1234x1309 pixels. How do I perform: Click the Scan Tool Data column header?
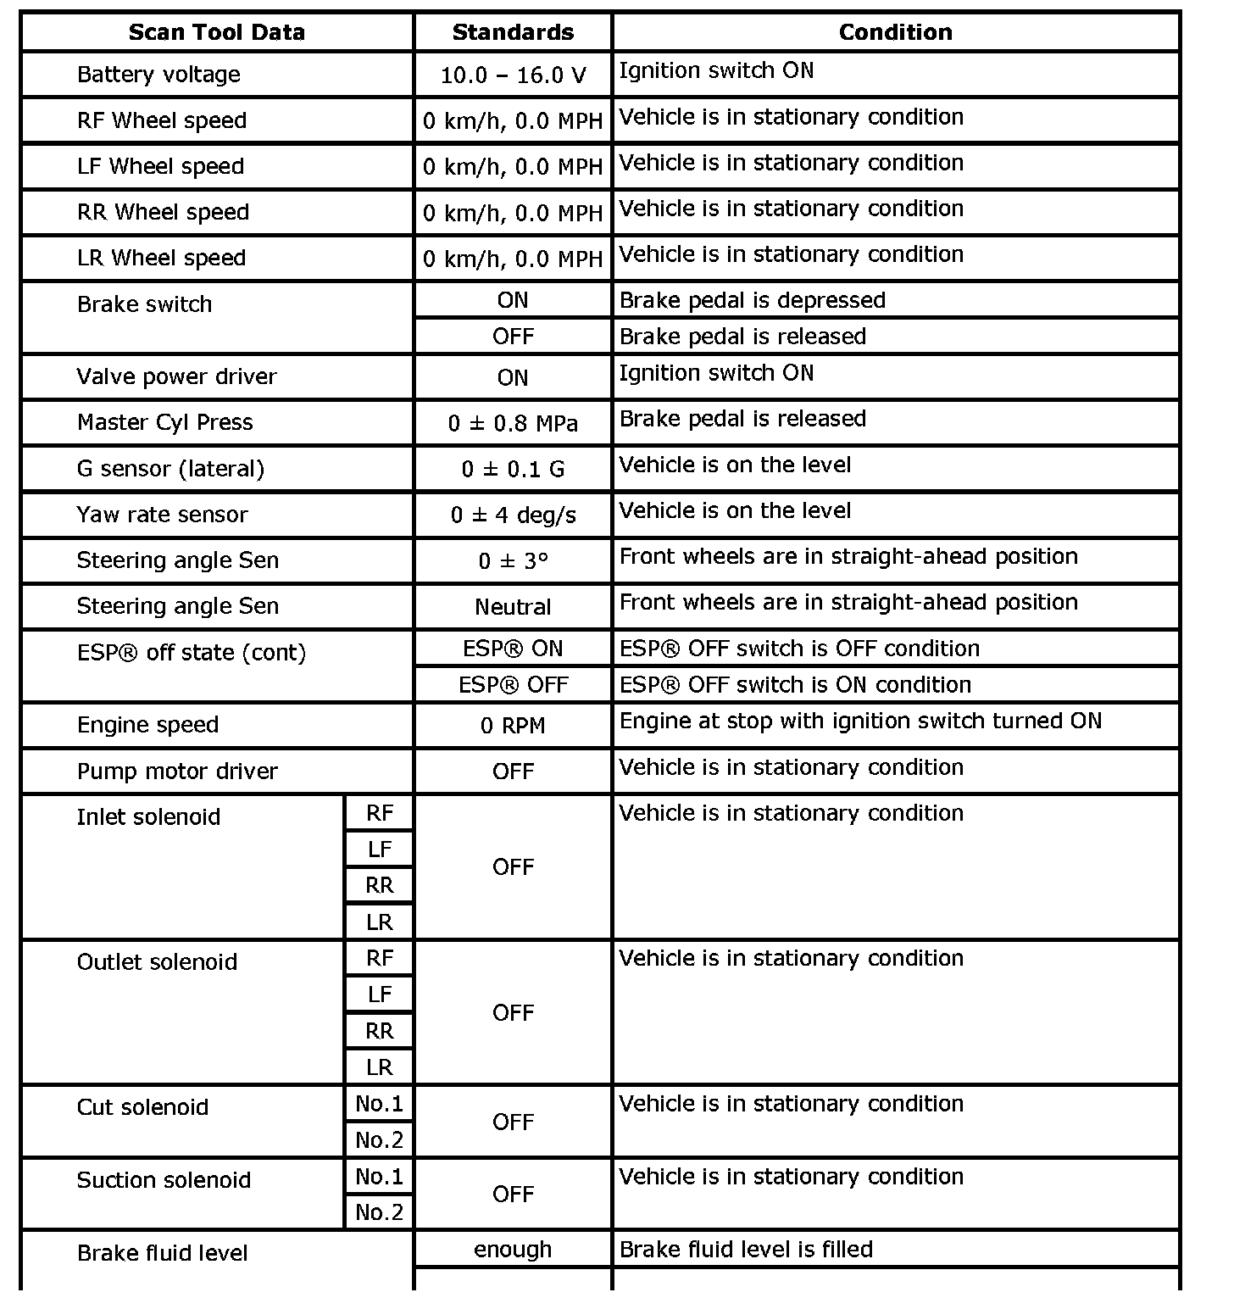(x=216, y=32)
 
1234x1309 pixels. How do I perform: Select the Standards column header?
(x=513, y=32)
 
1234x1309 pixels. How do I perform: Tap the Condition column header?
(x=895, y=32)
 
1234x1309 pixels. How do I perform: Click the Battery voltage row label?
(x=158, y=75)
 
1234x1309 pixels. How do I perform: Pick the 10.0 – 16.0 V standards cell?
(x=513, y=75)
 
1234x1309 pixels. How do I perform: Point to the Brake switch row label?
(x=144, y=304)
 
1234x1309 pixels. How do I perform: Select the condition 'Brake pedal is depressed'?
(x=752, y=300)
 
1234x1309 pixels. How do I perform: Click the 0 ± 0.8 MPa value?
(x=513, y=423)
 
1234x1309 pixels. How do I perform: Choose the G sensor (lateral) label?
(x=170, y=469)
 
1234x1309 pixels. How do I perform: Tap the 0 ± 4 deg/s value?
(x=513, y=515)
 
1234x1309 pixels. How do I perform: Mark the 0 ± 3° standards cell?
(x=513, y=561)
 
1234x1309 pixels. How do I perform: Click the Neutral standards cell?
(x=513, y=607)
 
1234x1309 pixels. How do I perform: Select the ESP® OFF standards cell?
(x=513, y=685)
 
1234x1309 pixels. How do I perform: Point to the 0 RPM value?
(x=513, y=726)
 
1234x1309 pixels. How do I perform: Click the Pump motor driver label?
(x=177, y=771)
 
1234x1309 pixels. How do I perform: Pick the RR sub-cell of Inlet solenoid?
(x=380, y=886)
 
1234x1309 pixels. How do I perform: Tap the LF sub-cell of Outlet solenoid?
(x=380, y=994)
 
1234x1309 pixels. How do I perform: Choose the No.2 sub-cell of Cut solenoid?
(x=380, y=1140)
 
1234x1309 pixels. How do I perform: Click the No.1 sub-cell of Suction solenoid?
(x=380, y=1177)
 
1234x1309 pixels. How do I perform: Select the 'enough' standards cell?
(x=513, y=1250)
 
